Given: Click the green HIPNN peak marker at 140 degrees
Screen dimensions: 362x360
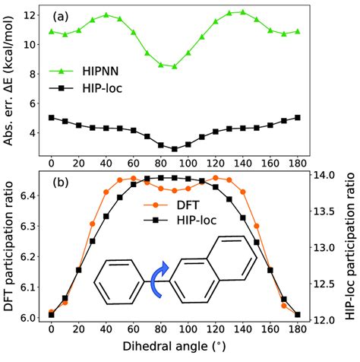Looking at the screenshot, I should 242,12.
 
